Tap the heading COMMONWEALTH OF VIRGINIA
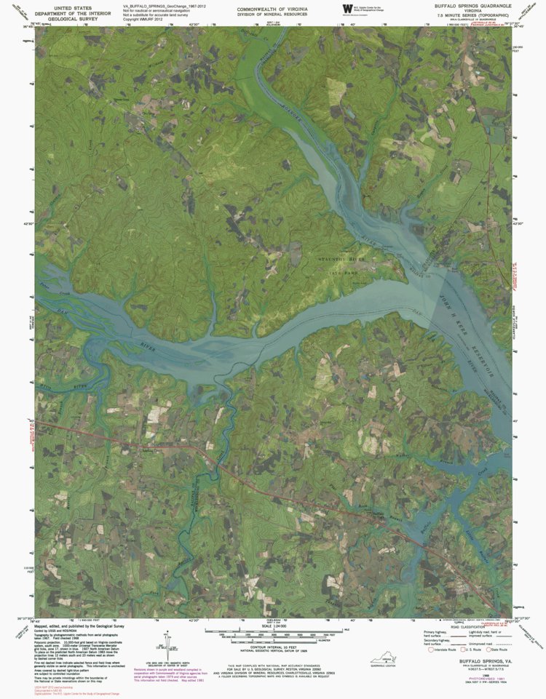pyautogui.click(x=269, y=9)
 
